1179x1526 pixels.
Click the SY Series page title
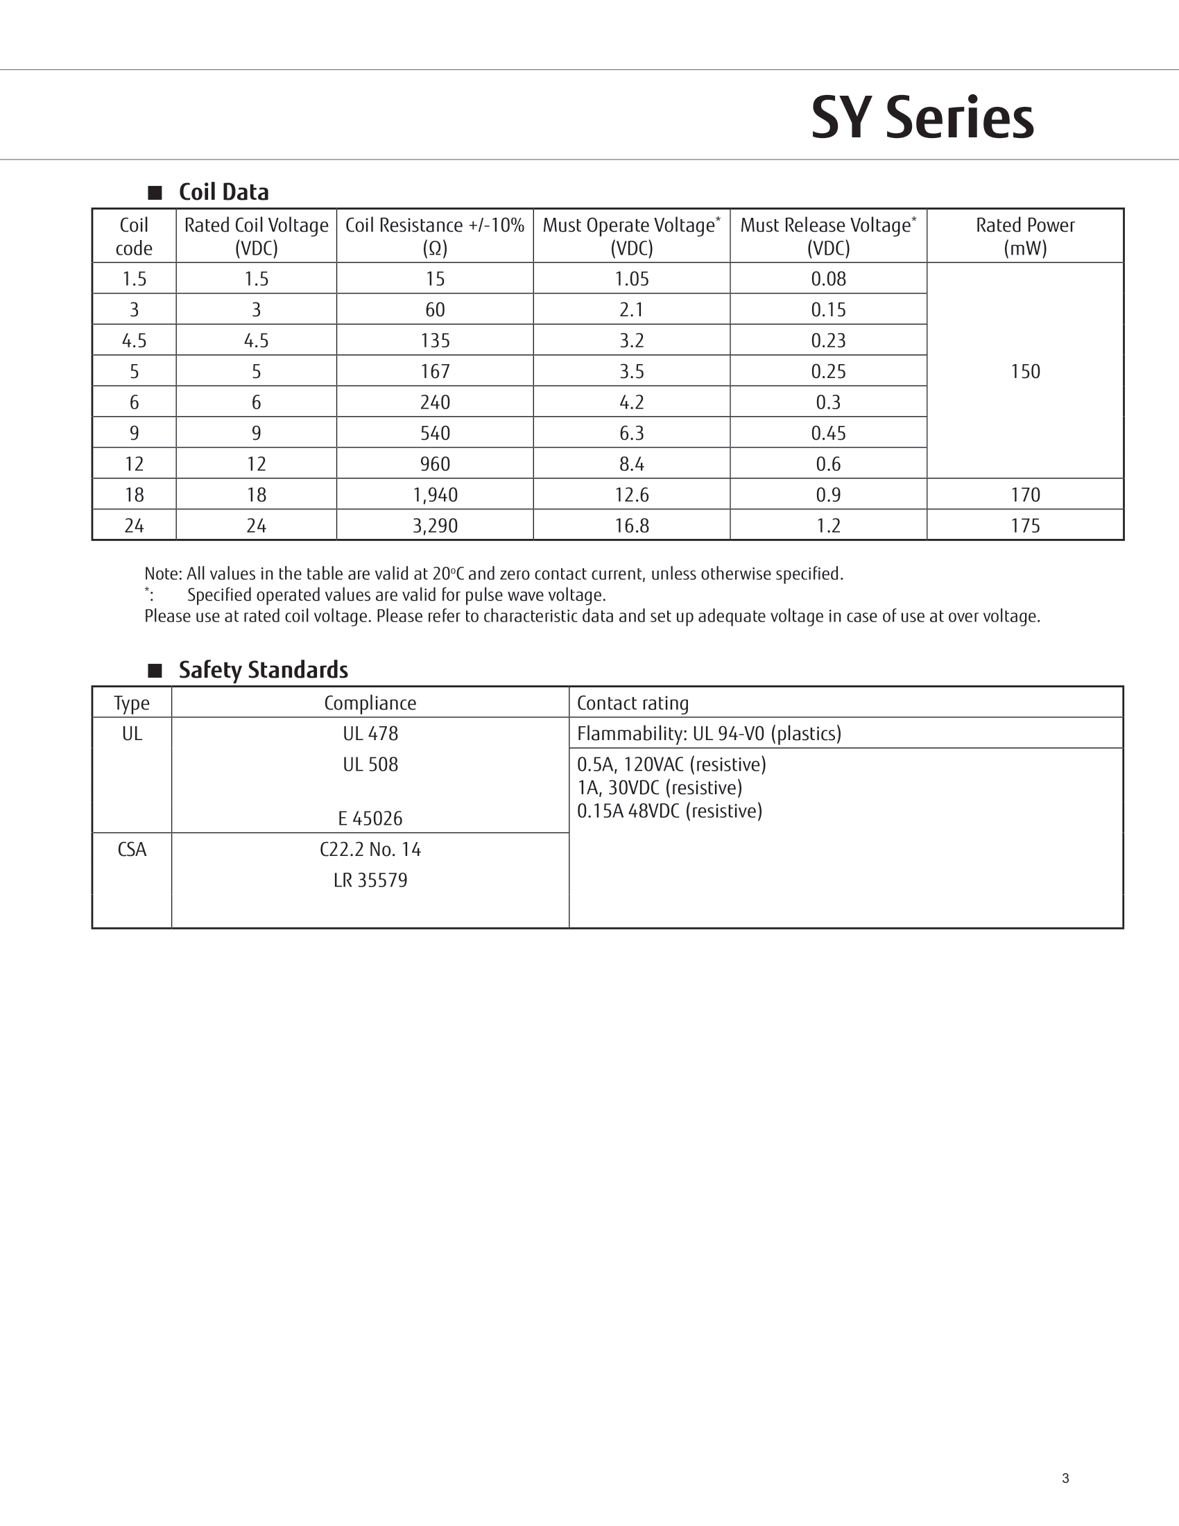tap(922, 118)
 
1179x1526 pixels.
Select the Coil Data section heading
tap(223, 192)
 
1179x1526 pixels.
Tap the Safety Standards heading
tap(264, 670)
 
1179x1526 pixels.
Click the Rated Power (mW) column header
tap(1024, 236)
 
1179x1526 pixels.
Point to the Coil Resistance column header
tap(434, 236)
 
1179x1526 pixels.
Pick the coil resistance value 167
tap(434, 371)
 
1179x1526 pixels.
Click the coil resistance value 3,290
tap(434, 526)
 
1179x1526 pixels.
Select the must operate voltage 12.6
tap(631, 495)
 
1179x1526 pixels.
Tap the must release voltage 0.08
tap(828, 279)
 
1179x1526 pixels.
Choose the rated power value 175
tap(1024, 526)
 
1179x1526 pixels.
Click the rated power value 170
tap(1024, 495)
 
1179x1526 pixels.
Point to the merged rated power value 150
tap(1024, 371)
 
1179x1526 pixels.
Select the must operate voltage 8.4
tap(631, 464)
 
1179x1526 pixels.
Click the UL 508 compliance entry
tap(370, 764)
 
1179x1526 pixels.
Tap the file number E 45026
tap(370, 818)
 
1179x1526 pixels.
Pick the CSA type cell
tap(132, 850)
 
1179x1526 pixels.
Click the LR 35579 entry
tap(370, 880)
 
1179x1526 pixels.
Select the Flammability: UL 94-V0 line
tap(709, 734)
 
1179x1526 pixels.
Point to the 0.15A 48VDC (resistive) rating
tap(669, 812)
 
